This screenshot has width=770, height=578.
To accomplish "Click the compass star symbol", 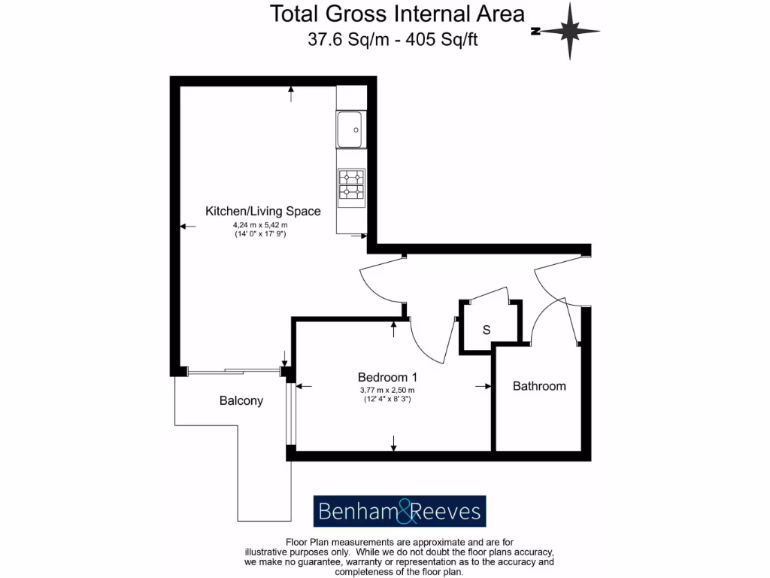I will (570, 31).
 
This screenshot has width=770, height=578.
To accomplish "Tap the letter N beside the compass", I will (535, 32).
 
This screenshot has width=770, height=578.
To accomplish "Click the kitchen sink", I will (350, 130).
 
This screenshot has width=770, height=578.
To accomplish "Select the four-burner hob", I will (350, 184).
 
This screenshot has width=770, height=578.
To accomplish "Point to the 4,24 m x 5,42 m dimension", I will (260, 225).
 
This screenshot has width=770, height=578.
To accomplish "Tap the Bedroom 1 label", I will (387, 376).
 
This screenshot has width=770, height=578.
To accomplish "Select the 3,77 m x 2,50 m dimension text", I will (387, 390).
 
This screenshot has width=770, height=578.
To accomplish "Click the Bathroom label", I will (539, 386).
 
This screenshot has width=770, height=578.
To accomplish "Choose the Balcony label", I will (241, 400).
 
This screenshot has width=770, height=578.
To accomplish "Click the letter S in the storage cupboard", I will (487, 330).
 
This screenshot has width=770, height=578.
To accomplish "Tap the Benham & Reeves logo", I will (399, 512).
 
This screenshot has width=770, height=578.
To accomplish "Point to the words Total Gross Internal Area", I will (397, 14).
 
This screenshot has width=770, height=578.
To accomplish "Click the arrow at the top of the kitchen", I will (292, 92).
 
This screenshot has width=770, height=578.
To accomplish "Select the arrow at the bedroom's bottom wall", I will (393, 445).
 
